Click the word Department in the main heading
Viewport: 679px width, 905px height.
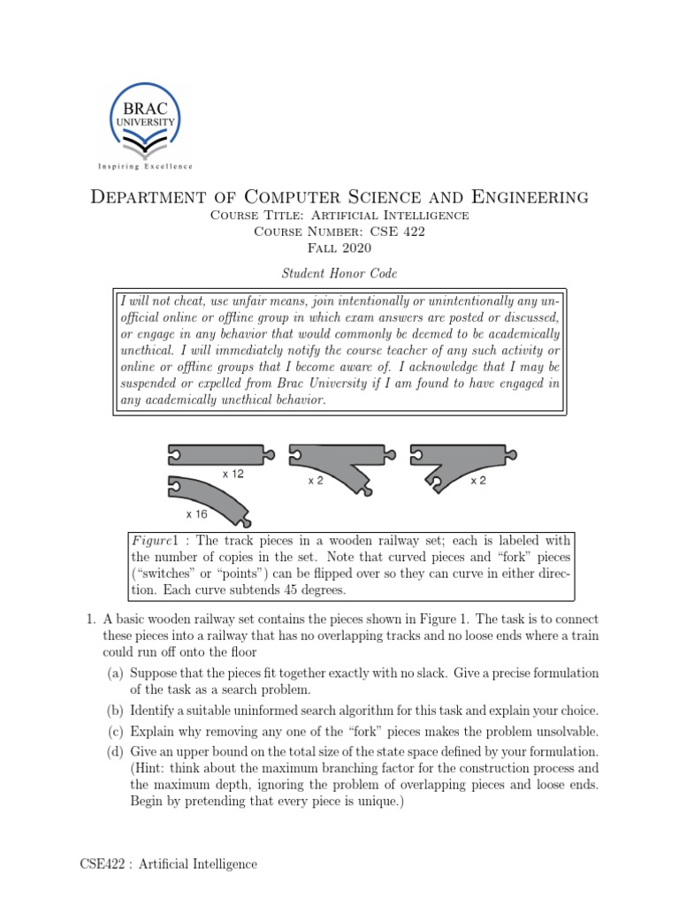click(145, 196)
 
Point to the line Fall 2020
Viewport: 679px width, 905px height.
click(339, 247)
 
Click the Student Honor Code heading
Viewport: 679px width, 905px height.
click(339, 273)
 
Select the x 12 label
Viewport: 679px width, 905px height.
click(233, 475)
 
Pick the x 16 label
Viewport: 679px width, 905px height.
click(196, 513)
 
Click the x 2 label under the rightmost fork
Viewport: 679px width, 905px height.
click(478, 481)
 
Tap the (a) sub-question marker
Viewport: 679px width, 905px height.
click(116, 674)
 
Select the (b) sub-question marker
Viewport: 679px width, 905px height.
click(116, 711)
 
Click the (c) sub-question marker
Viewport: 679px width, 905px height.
click(116, 732)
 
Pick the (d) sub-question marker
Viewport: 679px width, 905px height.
click(116, 752)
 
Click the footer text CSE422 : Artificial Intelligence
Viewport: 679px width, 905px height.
click(163, 864)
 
